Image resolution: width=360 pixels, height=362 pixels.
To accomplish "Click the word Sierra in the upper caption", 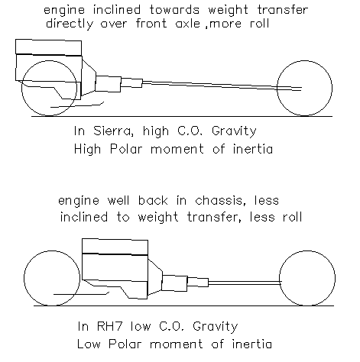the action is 113,131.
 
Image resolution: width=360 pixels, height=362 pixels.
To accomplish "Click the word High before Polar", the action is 87,150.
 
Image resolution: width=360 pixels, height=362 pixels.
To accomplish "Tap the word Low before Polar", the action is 89,344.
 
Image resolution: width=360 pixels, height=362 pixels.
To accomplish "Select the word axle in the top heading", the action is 188,24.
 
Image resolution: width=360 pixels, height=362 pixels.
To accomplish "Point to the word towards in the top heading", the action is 174,10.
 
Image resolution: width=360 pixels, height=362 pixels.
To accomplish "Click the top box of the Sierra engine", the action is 49,47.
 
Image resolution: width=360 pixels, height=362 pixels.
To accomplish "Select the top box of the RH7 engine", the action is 115,247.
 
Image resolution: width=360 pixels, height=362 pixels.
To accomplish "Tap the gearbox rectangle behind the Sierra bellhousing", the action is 108,84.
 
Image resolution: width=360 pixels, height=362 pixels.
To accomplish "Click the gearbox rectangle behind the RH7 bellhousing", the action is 175,283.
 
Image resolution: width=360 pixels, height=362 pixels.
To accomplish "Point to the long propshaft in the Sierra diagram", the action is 222,86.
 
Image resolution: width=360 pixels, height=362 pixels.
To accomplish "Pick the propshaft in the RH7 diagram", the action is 245,283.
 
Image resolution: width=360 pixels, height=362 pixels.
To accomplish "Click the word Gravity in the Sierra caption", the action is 234,131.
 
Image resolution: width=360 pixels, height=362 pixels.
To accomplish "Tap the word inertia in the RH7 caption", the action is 252,344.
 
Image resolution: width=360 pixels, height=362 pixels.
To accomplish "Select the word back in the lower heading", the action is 153,201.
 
